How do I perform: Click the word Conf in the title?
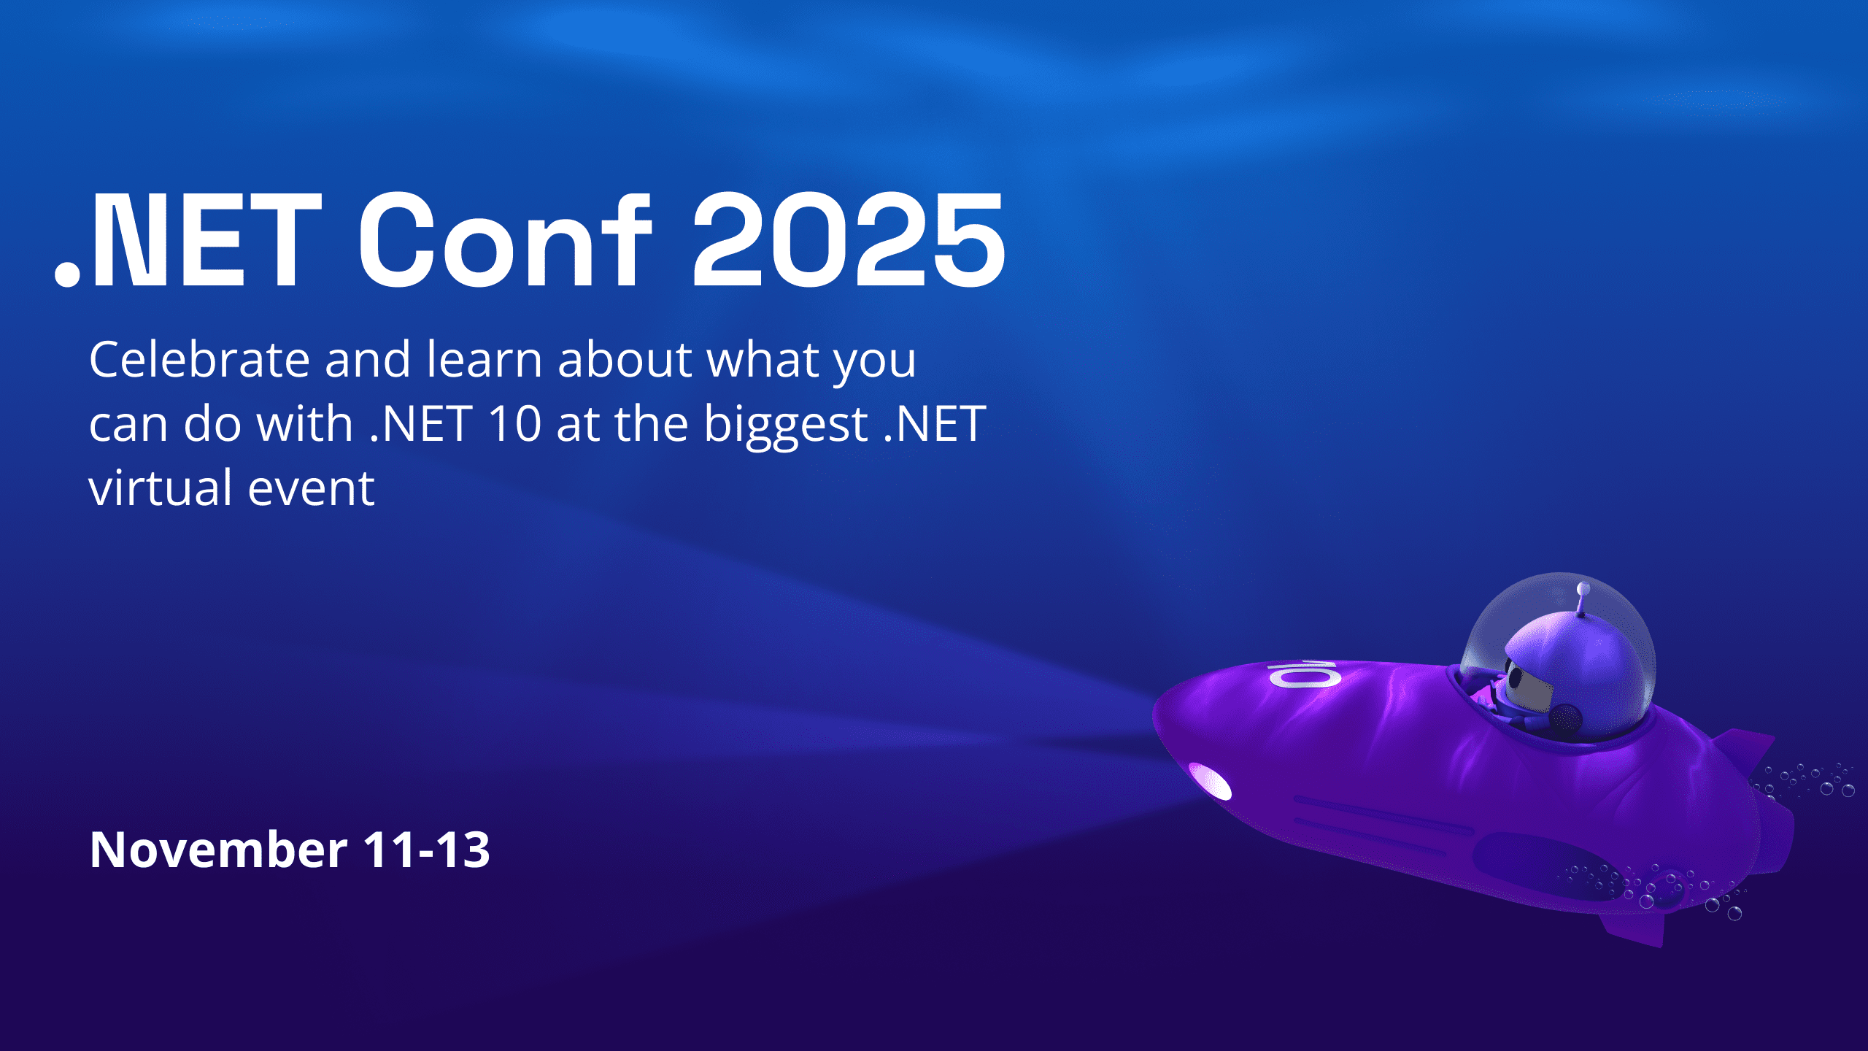tap(504, 240)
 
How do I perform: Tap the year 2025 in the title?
tap(849, 240)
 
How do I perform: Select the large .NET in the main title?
tap(188, 240)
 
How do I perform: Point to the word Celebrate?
tap(199, 359)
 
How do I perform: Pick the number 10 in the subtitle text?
tap(514, 424)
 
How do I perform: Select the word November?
tap(218, 850)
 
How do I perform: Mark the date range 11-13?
tap(426, 850)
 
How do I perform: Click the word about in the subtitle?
tap(625, 359)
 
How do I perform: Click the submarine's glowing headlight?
tap(1210, 782)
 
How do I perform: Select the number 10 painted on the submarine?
tap(1304, 674)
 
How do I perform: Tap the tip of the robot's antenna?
tap(1583, 588)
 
